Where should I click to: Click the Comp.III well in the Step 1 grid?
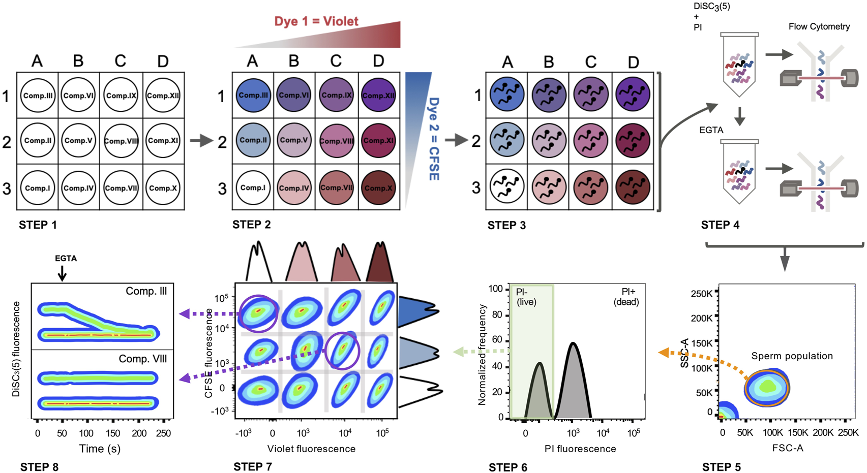click(38, 96)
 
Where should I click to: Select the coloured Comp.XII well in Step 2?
click(378, 96)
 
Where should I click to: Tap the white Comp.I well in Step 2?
click(253, 187)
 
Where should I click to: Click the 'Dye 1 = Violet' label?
click(316, 21)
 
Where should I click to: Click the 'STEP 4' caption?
click(720, 225)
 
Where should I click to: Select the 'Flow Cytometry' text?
click(819, 26)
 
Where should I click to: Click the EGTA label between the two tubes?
click(711, 130)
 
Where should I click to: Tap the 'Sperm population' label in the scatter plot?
click(792, 356)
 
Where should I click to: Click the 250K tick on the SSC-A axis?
click(701, 294)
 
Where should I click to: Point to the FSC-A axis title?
click(788, 448)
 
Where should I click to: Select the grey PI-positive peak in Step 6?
click(573, 386)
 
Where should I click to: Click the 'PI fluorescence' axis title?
click(580, 449)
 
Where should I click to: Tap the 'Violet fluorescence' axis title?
click(311, 449)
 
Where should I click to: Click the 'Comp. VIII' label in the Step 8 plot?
click(142, 359)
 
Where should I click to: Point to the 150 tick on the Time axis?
click(112, 433)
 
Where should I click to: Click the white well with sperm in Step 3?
click(506, 187)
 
